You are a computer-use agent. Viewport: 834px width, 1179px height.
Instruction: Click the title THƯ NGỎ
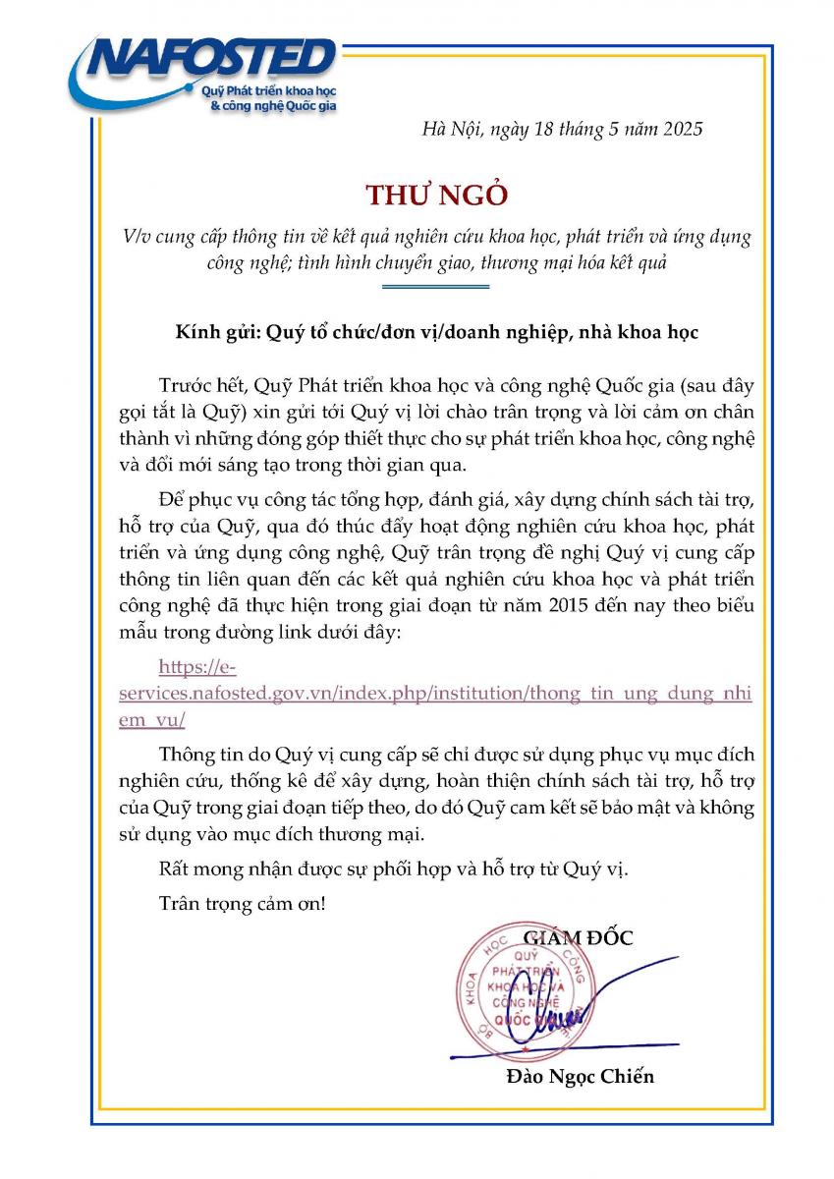point(436,195)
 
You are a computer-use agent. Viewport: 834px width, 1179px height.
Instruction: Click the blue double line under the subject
point(434,286)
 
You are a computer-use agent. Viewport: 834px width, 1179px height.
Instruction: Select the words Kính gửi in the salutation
point(210,331)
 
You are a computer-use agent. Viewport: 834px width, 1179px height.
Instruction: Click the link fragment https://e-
point(197,668)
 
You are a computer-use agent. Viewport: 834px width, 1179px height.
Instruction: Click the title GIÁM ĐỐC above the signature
point(579,937)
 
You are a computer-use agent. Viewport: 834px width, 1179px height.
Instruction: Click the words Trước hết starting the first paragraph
point(198,384)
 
